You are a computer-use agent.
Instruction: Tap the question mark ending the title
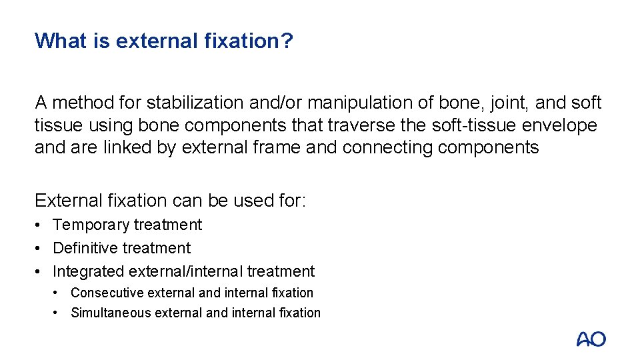[x=287, y=41]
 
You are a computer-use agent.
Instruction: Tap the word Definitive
[x=86, y=248]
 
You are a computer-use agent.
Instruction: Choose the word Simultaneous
[x=111, y=313]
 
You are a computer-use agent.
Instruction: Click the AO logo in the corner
[x=591, y=339]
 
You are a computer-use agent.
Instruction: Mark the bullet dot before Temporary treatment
[x=39, y=225]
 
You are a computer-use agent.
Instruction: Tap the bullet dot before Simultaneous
[x=58, y=313]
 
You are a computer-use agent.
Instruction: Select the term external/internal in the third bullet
[x=182, y=271]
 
